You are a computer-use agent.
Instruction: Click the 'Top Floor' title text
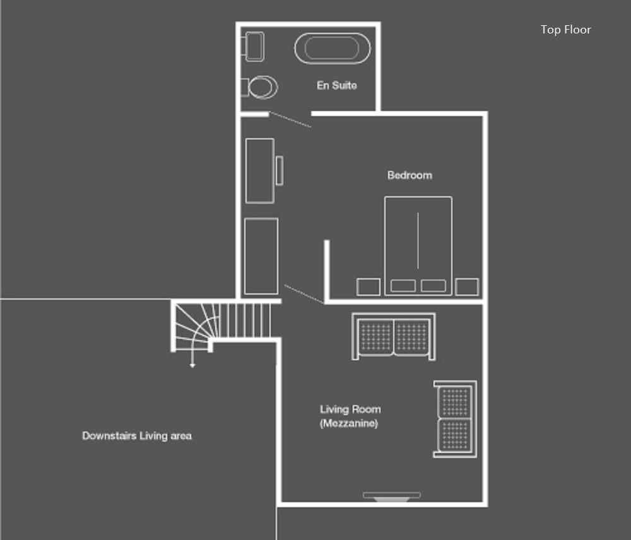[x=565, y=30]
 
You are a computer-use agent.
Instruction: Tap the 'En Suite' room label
[x=336, y=85]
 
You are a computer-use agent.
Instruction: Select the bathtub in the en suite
[x=333, y=49]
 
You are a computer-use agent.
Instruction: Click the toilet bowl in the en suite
[x=262, y=87]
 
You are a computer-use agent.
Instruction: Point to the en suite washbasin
[x=254, y=47]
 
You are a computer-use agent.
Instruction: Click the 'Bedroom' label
[x=410, y=175]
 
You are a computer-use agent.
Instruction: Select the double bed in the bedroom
[x=418, y=246]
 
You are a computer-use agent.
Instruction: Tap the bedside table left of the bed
[x=369, y=287]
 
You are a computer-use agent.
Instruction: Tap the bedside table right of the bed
[x=467, y=287]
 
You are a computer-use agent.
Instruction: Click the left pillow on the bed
[x=403, y=286]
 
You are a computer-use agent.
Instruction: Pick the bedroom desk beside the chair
[x=260, y=170]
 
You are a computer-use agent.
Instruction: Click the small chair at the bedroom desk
[x=280, y=170]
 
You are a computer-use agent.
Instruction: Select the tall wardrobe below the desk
[x=261, y=256]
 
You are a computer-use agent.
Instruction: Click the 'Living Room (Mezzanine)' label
[x=350, y=416]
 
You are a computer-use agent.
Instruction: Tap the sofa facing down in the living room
[x=394, y=336]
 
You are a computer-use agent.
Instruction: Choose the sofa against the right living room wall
[x=455, y=419]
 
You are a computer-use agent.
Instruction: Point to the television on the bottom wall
[x=392, y=496]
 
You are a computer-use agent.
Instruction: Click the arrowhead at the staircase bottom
[x=192, y=365]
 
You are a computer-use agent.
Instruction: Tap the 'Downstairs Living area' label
[x=137, y=436]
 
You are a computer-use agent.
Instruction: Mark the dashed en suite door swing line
[x=290, y=119]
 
